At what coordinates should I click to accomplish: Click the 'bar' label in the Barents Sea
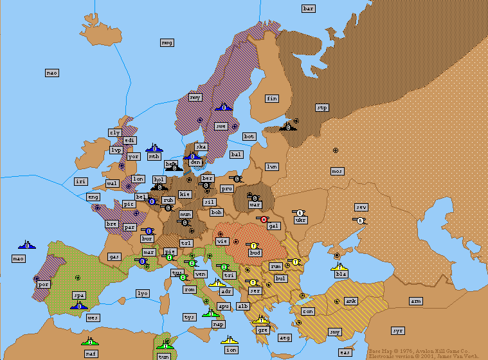pyautogui.click(x=309, y=8)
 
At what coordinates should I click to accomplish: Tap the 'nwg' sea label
pyautogui.click(x=167, y=42)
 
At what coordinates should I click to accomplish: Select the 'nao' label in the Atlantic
pyautogui.click(x=52, y=73)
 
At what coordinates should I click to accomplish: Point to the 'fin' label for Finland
pyautogui.click(x=272, y=98)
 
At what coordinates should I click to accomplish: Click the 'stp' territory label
pyautogui.click(x=322, y=107)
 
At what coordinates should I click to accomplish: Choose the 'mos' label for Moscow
pyautogui.click(x=337, y=171)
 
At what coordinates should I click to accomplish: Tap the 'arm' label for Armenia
pyautogui.click(x=417, y=301)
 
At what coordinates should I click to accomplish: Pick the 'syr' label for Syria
pyautogui.click(x=398, y=330)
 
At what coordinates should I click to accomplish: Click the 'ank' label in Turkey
pyautogui.click(x=351, y=301)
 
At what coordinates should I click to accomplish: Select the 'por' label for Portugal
pyautogui.click(x=44, y=283)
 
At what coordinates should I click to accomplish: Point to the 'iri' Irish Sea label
pyautogui.click(x=80, y=182)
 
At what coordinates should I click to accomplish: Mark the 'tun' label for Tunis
pyautogui.click(x=164, y=355)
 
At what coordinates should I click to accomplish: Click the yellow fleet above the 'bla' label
pyautogui.click(x=339, y=265)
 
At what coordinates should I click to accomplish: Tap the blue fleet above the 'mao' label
pyautogui.click(x=27, y=245)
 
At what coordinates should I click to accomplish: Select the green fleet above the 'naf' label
pyautogui.click(x=90, y=341)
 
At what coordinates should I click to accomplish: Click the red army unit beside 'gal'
pyautogui.click(x=264, y=219)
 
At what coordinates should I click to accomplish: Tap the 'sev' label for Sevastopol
pyautogui.click(x=361, y=207)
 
